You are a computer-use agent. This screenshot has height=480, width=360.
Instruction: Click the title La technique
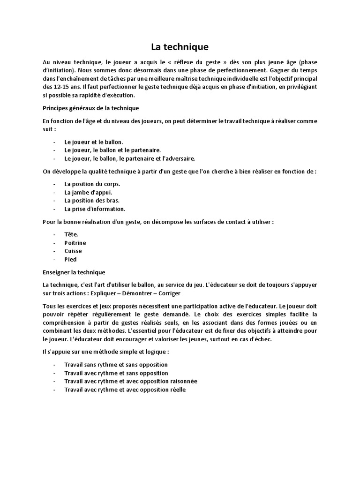(180, 47)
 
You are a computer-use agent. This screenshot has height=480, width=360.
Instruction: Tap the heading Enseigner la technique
(74, 272)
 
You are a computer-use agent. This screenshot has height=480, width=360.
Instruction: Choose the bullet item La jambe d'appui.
(88, 192)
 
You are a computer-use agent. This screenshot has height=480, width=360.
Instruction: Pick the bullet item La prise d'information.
(95, 209)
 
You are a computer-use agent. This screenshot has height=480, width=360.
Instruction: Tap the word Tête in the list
(71, 234)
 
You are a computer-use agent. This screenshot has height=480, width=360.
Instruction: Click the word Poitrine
(75, 243)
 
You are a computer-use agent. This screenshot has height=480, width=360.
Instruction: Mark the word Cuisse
(73, 251)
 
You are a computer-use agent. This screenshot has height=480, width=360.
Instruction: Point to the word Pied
(70, 260)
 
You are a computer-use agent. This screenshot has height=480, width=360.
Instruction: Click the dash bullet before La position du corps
(54, 184)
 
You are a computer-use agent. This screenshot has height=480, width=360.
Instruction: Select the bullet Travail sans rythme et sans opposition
(116, 364)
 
